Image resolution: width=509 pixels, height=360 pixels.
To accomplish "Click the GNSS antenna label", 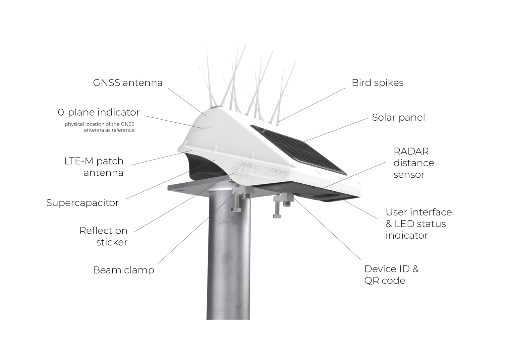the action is pyautogui.click(x=128, y=83).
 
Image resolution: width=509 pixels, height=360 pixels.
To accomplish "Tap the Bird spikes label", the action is pyautogui.click(x=377, y=83).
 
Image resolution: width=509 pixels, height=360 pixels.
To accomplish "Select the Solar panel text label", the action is pyautogui.click(x=398, y=117).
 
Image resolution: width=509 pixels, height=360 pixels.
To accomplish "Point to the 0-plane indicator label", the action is pyautogui.click(x=99, y=112).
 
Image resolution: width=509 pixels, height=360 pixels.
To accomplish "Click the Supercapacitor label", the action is pyautogui.click(x=83, y=203).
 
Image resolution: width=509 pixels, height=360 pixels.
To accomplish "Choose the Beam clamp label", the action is pyautogui.click(x=124, y=270).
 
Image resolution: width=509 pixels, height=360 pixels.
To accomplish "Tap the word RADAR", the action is pyautogui.click(x=411, y=151).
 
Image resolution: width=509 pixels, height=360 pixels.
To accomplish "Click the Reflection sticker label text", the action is pyautogui.click(x=103, y=236).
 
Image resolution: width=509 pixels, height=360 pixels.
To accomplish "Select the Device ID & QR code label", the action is pyautogui.click(x=391, y=275).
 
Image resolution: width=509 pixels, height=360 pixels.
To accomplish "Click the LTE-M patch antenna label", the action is pyautogui.click(x=94, y=167).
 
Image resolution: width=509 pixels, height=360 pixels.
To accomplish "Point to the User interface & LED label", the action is pyautogui.click(x=419, y=224).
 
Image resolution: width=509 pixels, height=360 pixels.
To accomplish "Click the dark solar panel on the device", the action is pyautogui.click(x=300, y=149).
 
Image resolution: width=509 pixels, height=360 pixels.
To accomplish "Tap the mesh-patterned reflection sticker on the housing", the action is pyautogui.click(x=260, y=170).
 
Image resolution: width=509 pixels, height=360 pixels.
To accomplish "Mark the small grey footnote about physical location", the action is pyautogui.click(x=99, y=127).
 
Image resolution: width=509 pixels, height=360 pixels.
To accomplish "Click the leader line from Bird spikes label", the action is pyautogui.click(x=311, y=105).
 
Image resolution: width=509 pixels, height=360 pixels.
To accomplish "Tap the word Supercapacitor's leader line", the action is pyautogui.click(x=170, y=180).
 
